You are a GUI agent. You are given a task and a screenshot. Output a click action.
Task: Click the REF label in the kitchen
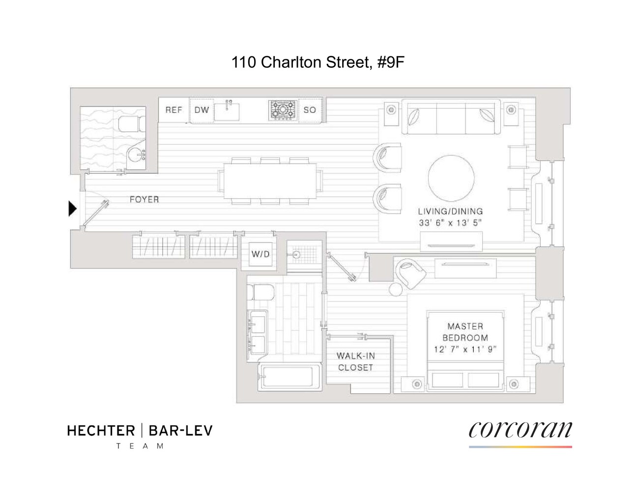tap(173, 110)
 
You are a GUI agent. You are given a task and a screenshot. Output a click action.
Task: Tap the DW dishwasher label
tap(202, 110)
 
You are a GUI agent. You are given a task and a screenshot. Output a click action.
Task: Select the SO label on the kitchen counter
tap(310, 110)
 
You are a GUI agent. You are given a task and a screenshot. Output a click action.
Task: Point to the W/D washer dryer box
tap(260, 254)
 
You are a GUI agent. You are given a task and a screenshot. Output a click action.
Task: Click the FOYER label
tap(144, 199)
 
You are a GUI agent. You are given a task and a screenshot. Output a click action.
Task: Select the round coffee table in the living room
tap(451, 178)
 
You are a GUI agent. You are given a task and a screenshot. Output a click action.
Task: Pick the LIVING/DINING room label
tap(450, 211)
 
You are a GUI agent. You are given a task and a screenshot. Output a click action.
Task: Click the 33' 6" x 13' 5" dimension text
tap(450, 222)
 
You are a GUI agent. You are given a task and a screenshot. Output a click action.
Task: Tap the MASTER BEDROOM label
tap(465, 332)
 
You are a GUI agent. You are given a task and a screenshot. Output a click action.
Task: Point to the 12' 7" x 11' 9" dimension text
tap(465, 350)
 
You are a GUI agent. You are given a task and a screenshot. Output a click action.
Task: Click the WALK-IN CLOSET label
tap(355, 361)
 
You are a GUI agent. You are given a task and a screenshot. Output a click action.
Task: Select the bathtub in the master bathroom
tap(290, 377)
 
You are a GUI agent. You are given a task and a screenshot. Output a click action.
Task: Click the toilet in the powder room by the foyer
tap(131, 124)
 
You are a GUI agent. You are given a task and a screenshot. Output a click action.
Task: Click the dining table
tap(270, 180)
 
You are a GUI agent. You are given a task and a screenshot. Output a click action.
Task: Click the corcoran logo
tap(520, 430)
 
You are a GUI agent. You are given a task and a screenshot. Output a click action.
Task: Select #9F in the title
tap(391, 62)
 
